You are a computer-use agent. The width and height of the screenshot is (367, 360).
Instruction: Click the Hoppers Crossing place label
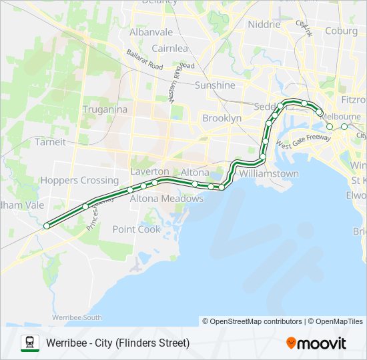(79, 181)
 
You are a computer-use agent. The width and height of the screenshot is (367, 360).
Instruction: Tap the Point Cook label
(137, 229)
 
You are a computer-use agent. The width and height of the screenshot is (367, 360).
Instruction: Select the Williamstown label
(269, 174)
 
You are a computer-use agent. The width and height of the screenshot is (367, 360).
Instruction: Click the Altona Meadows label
(166, 199)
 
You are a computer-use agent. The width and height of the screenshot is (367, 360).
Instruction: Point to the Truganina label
(105, 109)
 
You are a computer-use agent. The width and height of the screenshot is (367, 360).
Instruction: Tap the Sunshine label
(215, 85)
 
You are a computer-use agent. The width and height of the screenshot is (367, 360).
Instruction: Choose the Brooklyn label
(222, 118)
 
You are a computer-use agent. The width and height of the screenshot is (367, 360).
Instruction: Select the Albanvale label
(151, 32)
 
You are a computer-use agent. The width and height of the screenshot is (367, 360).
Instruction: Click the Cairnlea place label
(169, 49)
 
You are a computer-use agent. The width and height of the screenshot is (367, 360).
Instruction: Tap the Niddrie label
(264, 25)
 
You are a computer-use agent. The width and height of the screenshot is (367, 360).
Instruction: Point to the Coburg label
(341, 31)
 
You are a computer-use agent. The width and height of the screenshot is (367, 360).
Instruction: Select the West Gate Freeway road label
(303, 141)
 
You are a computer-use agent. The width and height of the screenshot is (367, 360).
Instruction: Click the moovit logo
(316, 343)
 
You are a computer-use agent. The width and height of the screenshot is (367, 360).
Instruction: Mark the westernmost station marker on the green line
(47, 226)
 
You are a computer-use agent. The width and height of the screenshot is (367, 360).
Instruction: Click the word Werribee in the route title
(66, 343)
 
